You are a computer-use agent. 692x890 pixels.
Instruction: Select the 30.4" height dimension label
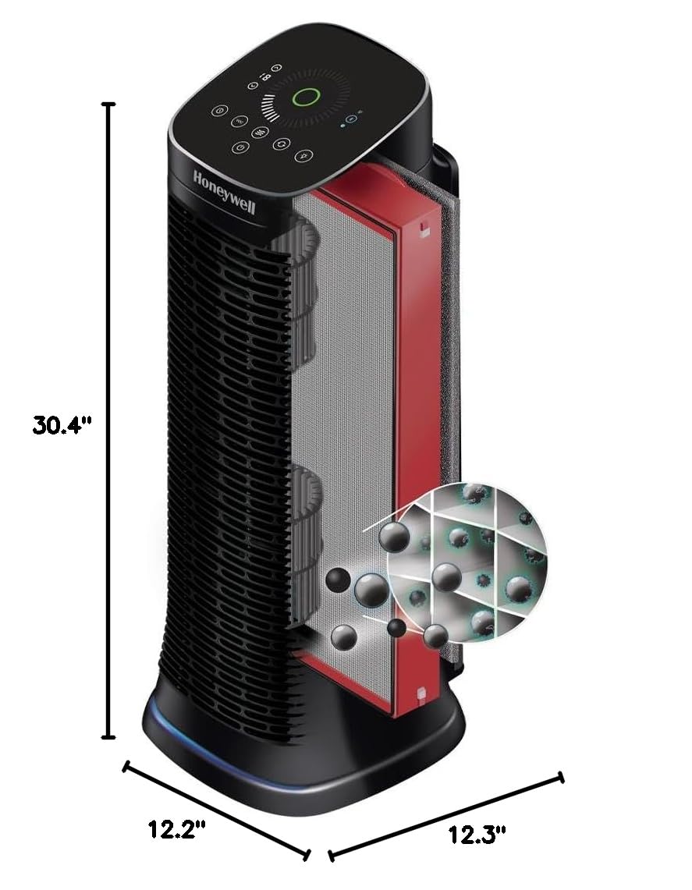[x=62, y=425]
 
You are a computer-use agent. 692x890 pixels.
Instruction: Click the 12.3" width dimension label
[x=477, y=835]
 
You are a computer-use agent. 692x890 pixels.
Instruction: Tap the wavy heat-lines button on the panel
[x=260, y=133]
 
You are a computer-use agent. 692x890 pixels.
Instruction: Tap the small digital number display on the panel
[x=265, y=76]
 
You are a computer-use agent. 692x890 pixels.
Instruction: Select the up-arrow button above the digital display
[x=276, y=67]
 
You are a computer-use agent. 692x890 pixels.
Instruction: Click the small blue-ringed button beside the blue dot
[x=351, y=119]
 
